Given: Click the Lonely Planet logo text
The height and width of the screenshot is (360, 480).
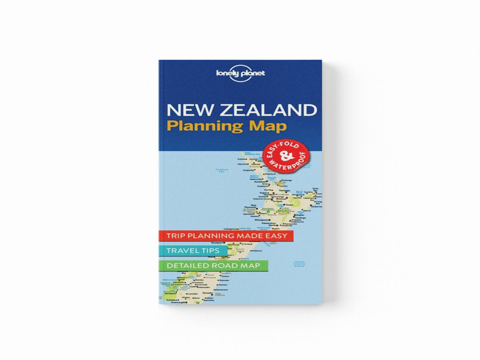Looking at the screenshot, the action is coord(240,73).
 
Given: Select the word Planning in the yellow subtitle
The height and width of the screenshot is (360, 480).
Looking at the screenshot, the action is coord(205,126).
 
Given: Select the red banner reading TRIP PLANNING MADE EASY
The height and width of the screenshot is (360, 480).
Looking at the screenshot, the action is coord(226,236).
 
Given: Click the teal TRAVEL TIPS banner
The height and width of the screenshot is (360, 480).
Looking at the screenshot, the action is coord(193,251).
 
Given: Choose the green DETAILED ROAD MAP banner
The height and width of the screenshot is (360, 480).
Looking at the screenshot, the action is coord(213,265).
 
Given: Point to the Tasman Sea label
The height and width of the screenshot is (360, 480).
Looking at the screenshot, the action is coord(221,170).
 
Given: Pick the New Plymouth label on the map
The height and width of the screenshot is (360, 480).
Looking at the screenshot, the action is coord(253,208).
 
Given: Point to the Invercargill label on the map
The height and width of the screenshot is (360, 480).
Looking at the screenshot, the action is coord(178,302).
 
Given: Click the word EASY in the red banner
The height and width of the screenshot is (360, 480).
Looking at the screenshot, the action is coord(276,236).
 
